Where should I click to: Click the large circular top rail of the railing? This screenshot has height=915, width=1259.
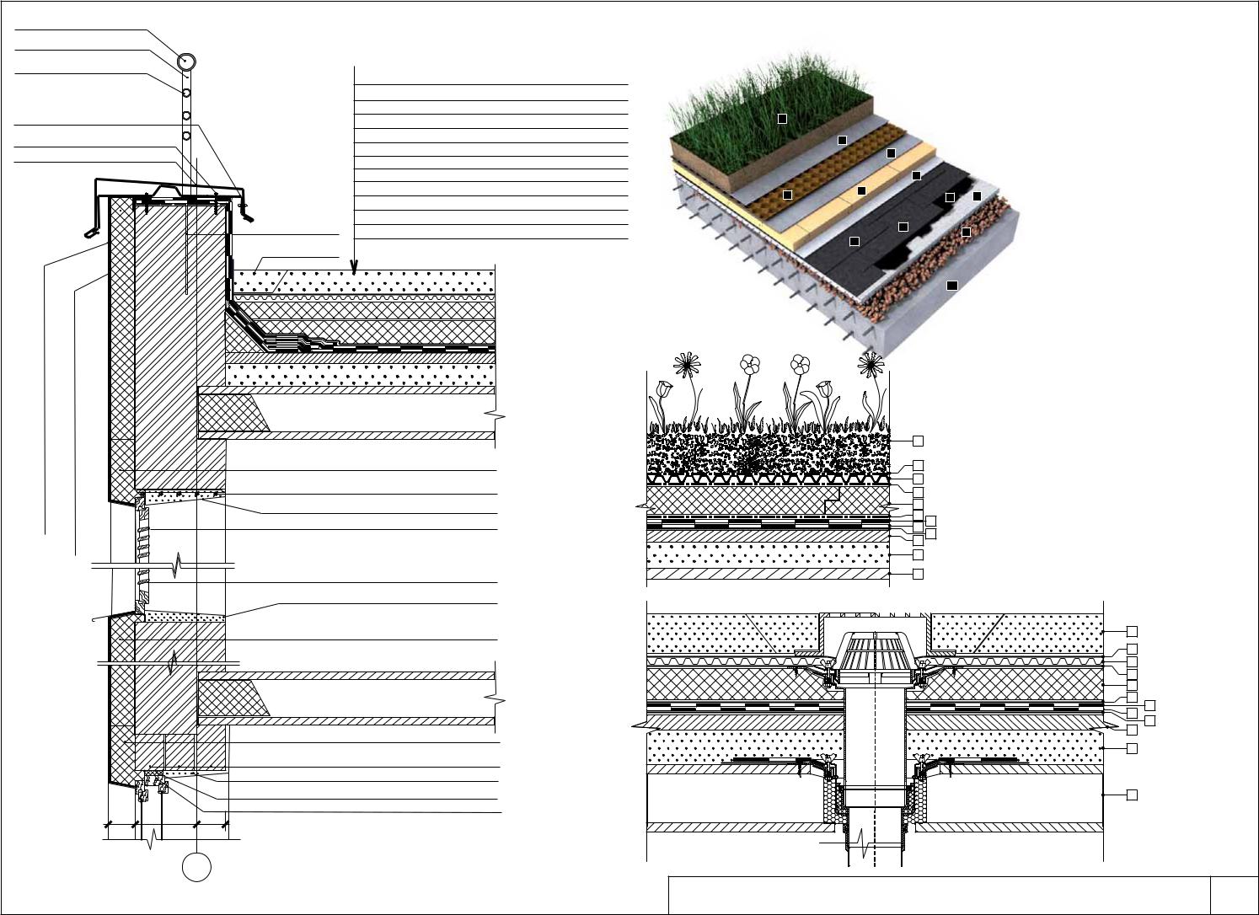tap(187, 62)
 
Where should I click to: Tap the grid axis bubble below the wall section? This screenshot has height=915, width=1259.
tap(196, 867)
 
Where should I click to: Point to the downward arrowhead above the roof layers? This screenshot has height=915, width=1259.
tap(354, 265)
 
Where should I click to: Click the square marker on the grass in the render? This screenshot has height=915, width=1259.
tap(782, 119)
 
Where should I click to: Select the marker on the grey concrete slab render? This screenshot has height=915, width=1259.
tap(951, 286)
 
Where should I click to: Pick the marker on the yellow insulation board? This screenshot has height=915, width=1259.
tap(861, 191)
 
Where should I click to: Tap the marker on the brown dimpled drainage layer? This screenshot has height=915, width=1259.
tap(787, 195)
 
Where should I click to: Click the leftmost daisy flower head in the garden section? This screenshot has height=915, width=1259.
tap(688, 365)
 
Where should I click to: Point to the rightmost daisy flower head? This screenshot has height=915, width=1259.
tap(872, 365)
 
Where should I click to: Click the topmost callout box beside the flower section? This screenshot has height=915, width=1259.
tap(918, 441)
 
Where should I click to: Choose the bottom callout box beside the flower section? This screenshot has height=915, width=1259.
tap(918, 574)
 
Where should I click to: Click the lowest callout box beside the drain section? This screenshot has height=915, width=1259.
tap(1132, 795)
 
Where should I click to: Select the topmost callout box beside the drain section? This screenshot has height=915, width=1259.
tap(1132, 631)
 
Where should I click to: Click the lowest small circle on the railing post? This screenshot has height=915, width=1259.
tap(186, 135)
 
